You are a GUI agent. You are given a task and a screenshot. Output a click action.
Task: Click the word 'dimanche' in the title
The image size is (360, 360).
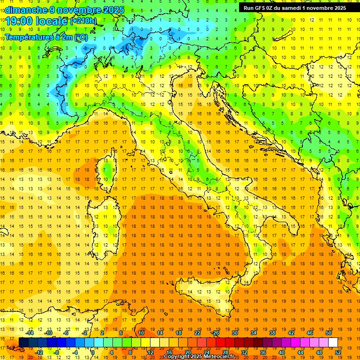click(x=24, y=10)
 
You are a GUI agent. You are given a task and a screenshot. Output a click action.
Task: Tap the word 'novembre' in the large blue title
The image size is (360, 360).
click(x=79, y=10)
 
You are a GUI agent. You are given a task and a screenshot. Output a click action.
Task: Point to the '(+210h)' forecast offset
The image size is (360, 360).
click(x=83, y=21)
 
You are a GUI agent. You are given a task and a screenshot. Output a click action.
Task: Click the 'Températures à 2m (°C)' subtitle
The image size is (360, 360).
click(x=46, y=37)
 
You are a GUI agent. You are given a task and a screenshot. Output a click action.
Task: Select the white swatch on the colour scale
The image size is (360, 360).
click(x=333, y=342)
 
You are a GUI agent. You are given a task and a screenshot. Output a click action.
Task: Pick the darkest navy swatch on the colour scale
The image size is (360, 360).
click(x=23, y=342)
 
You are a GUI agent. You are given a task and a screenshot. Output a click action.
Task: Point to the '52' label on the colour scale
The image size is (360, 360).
click(x=338, y=352)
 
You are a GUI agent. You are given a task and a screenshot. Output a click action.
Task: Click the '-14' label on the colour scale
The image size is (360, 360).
click(x=30, y=333)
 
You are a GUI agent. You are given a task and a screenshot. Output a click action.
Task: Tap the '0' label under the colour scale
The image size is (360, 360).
click(x=93, y=352)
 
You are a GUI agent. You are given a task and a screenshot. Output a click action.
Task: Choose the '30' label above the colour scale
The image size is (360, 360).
click(x=235, y=333)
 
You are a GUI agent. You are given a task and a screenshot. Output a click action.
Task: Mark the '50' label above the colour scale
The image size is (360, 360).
click(x=328, y=333)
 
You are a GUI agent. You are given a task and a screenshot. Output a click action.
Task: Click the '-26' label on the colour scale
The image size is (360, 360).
click(x=215, y=333)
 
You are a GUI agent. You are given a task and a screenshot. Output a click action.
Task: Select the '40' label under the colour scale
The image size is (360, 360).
click(x=281, y=352)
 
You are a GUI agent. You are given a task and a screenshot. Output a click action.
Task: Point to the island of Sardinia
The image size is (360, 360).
click(x=105, y=225)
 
